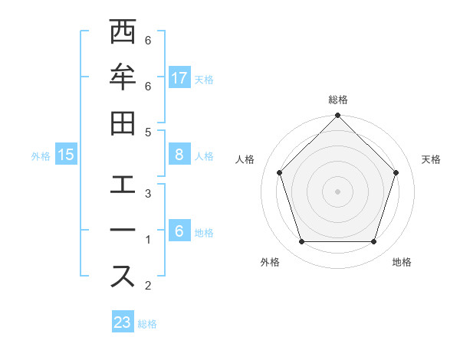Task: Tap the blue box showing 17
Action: (179, 78)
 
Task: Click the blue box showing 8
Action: (179, 155)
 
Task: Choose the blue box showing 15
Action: (66, 155)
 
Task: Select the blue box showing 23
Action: (123, 322)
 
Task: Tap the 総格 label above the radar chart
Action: (338, 100)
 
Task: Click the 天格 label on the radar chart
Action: (432, 159)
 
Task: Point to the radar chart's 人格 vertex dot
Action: (280, 172)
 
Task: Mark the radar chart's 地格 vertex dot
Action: (374, 242)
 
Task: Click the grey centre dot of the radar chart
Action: (338, 191)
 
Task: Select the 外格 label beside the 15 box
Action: (41, 155)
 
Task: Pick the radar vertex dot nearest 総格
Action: (338, 116)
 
